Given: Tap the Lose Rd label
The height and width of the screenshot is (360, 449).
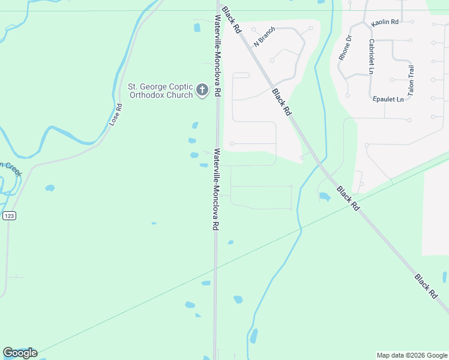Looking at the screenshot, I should (x=116, y=115).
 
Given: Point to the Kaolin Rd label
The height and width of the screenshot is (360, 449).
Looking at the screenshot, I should (x=385, y=22).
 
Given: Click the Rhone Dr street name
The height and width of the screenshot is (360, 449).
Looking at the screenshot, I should (x=345, y=47).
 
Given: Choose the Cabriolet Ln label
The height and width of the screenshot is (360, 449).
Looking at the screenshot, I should (x=372, y=56).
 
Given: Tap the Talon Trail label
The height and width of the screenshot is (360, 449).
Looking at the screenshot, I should (x=411, y=81).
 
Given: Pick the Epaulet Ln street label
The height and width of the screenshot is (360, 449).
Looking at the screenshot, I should (x=388, y=99).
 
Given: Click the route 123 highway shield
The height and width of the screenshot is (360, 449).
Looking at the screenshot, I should (x=8, y=215).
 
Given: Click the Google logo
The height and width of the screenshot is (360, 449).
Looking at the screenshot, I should (x=20, y=353).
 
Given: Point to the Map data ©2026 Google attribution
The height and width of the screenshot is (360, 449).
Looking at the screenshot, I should (x=411, y=355).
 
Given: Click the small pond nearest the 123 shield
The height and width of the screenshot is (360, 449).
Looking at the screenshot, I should (x=49, y=188).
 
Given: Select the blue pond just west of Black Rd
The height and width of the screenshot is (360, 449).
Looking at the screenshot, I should (x=325, y=197).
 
